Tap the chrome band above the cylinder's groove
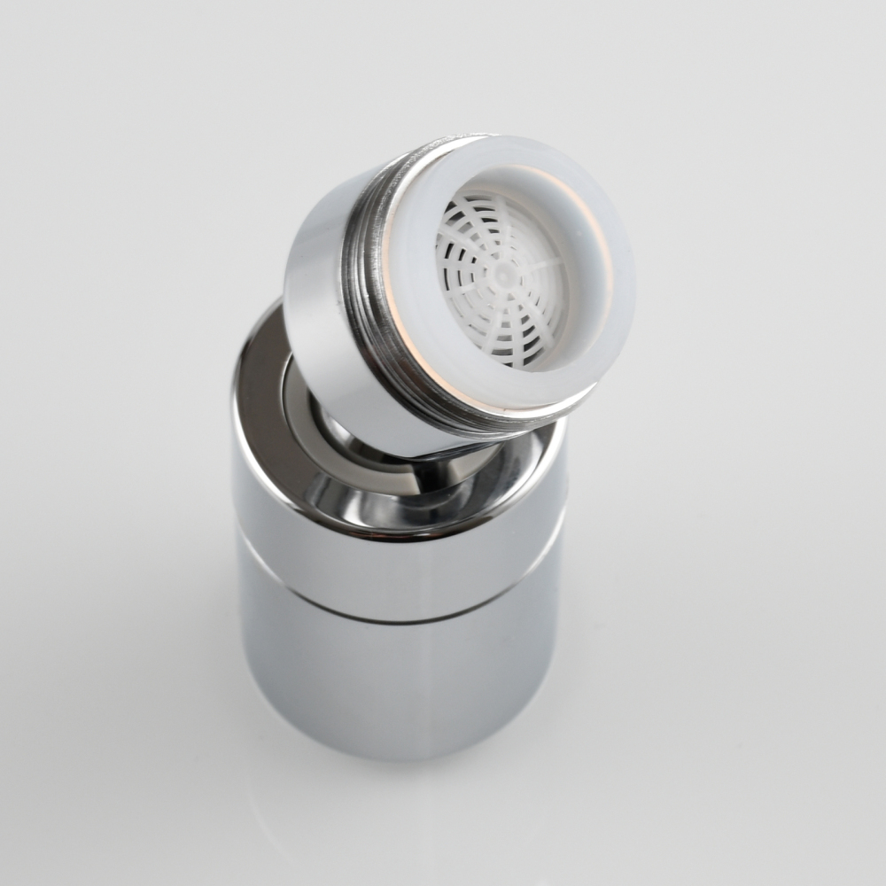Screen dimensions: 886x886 tap(399, 567)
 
